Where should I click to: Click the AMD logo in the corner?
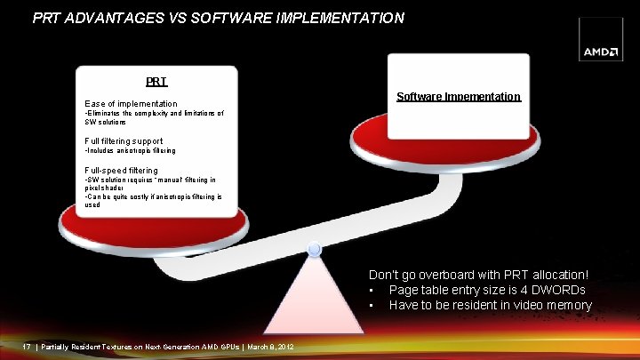(x=601, y=52)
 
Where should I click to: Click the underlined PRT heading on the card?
(x=156, y=82)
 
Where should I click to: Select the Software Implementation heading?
(x=458, y=96)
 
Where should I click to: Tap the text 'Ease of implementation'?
(x=131, y=104)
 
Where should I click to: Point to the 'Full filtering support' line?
(x=124, y=141)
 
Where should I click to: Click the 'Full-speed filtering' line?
(x=121, y=170)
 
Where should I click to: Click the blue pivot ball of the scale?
(x=314, y=252)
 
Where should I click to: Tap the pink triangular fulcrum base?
(x=314, y=302)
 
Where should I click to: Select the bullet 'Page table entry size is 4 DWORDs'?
(x=487, y=291)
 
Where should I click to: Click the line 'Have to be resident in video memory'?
(x=490, y=305)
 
